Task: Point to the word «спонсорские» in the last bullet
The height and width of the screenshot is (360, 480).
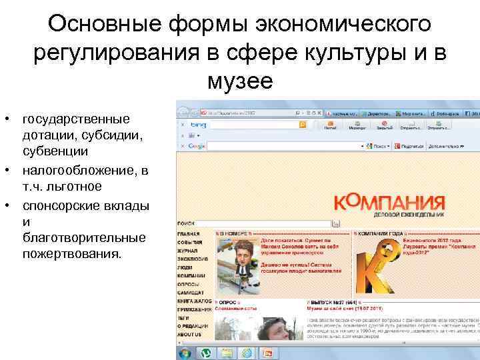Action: (x=67, y=206)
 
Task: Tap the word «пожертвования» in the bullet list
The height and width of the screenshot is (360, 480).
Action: (x=73, y=254)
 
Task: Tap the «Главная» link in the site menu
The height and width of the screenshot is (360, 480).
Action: (x=189, y=234)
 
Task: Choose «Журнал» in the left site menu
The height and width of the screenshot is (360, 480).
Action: (x=189, y=250)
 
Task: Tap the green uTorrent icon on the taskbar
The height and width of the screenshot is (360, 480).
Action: (x=207, y=353)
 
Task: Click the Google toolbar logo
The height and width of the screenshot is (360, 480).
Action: (x=197, y=145)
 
